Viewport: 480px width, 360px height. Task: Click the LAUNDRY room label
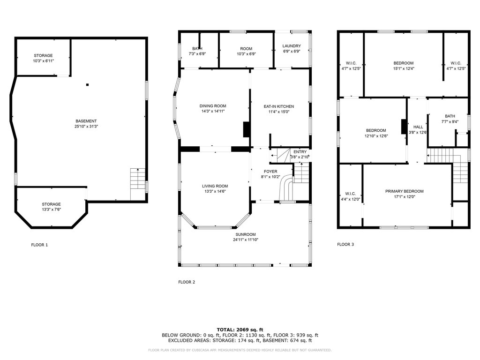tap(292, 46)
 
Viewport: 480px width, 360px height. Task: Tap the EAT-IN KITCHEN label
tap(278, 106)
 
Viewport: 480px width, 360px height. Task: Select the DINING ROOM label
tap(213, 106)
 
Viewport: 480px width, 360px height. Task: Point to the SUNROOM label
tap(246, 234)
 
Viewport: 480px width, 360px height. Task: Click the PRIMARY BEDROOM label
tap(405, 191)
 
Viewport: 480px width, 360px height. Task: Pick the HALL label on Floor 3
tap(418, 127)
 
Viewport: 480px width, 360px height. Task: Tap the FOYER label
tap(270, 172)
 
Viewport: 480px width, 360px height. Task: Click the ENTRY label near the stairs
tap(300, 152)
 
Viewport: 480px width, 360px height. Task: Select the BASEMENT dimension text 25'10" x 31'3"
tap(86, 127)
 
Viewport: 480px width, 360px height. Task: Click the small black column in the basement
tap(87, 85)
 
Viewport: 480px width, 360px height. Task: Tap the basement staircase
tap(137, 184)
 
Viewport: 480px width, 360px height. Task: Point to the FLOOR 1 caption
tap(39, 245)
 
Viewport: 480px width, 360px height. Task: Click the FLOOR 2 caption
tap(187, 282)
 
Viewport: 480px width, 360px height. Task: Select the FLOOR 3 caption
tap(345, 244)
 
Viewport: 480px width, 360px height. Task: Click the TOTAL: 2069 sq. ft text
tap(240, 330)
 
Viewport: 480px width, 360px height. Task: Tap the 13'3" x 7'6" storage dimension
tap(51, 210)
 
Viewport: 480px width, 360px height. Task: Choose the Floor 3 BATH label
tap(450, 116)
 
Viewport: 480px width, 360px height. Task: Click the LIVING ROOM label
tap(215, 186)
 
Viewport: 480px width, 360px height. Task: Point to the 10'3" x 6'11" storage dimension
tap(44, 61)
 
